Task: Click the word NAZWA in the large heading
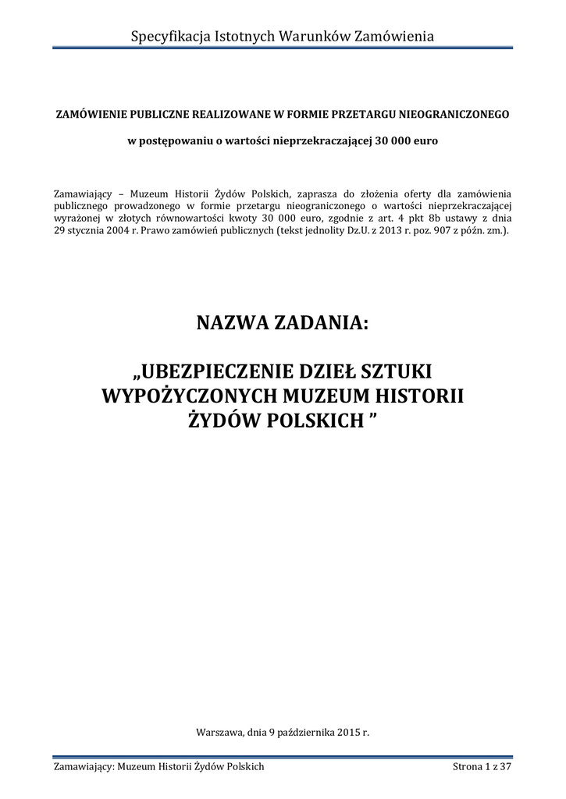coord(232,322)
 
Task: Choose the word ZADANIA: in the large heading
coord(321,322)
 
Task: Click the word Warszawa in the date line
coord(221,733)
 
